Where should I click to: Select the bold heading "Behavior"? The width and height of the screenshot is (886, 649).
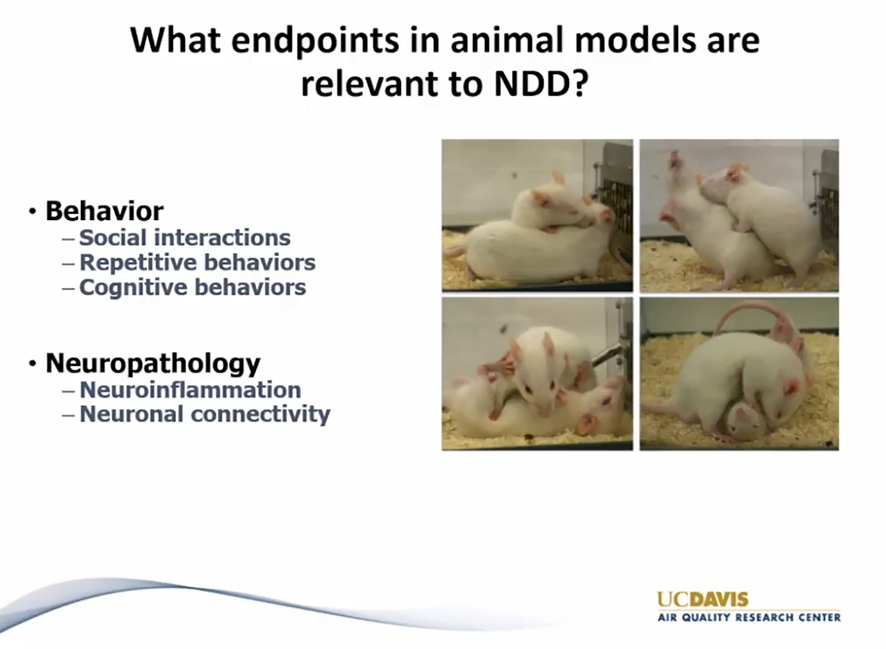(105, 211)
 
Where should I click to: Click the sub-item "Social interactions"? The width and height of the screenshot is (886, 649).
(185, 238)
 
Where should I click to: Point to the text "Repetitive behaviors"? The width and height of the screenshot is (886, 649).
(197, 263)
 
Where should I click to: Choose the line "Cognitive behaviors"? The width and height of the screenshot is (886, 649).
(192, 287)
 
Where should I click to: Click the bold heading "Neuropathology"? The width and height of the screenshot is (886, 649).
(153, 363)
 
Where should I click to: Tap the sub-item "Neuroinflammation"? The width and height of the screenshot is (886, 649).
(190, 390)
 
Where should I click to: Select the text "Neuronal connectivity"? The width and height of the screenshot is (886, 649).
(205, 414)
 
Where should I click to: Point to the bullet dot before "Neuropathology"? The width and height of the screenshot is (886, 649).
(33, 364)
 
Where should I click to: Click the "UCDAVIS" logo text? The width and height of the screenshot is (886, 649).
(703, 600)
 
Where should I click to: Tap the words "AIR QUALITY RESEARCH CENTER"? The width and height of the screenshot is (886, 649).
(749, 618)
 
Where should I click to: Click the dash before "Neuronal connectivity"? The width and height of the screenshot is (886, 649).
(69, 415)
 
